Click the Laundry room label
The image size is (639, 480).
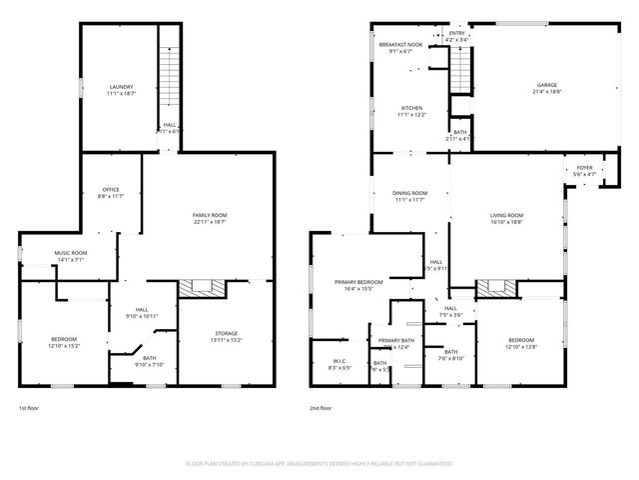coord(121,87)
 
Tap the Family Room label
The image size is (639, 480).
coord(210,215)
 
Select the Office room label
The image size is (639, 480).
coord(110,190)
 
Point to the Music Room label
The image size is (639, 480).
coord(71,253)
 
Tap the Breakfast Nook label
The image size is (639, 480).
coord(400,45)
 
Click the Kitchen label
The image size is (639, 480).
coord(411,108)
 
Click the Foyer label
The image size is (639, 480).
coord(584,168)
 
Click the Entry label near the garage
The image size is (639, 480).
coord(456,33)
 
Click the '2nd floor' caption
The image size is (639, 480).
coord(319,408)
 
